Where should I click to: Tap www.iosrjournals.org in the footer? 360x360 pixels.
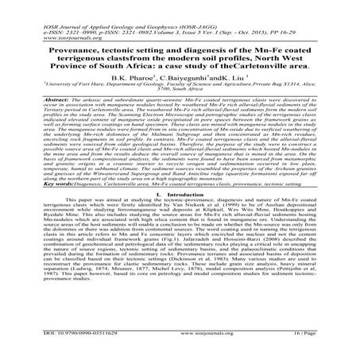pos(180,336)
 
